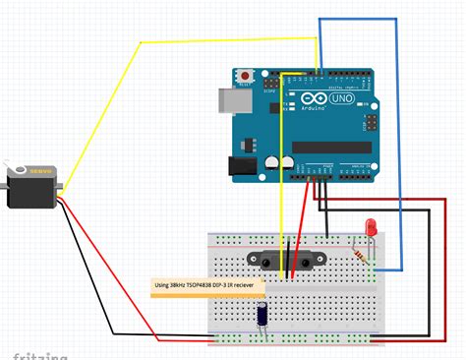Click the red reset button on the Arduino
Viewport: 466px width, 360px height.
click(243, 75)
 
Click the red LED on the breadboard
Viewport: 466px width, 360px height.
click(371, 228)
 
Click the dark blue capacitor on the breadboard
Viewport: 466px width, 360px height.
click(263, 314)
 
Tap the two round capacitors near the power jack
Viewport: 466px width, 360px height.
click(278, 160)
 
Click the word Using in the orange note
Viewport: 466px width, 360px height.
click(163, 288)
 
